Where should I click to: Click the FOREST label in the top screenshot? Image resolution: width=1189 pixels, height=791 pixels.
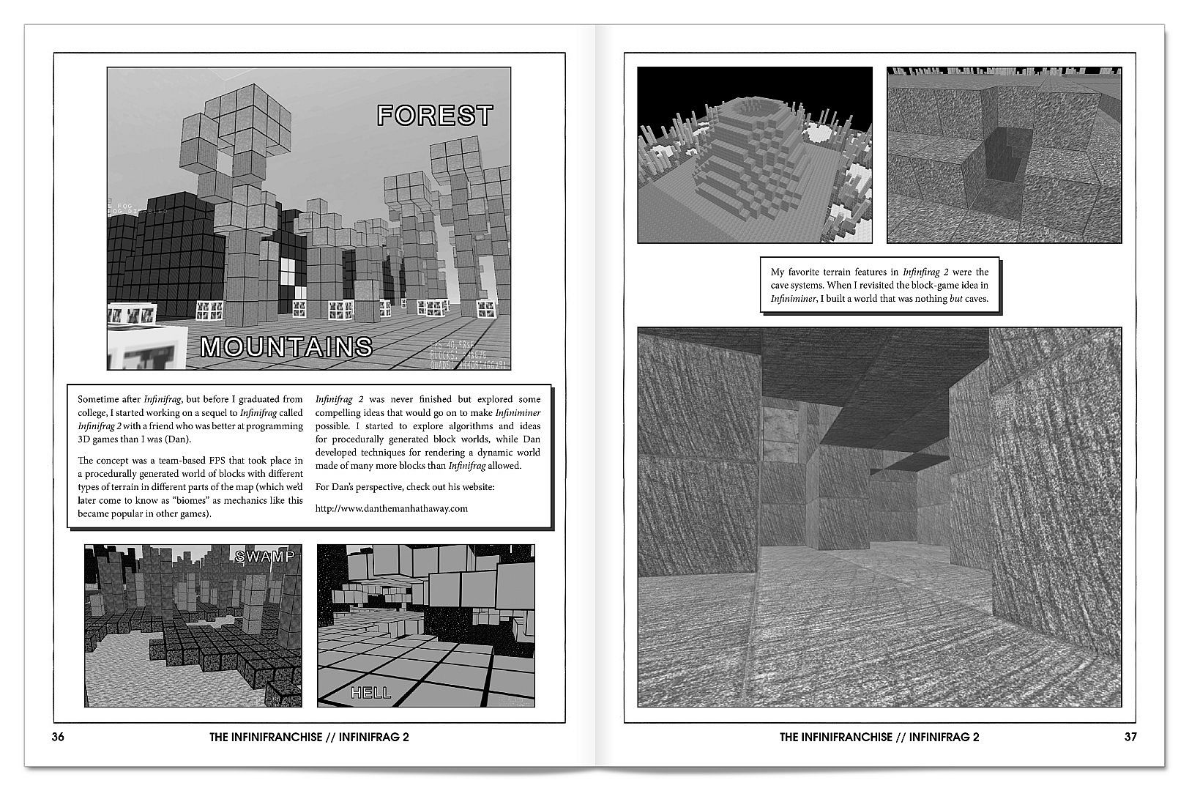tap(435, 116)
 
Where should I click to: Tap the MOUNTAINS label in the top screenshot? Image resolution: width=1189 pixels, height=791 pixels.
tap(286, 346)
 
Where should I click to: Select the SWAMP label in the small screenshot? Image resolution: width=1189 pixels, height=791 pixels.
tap(264, 557)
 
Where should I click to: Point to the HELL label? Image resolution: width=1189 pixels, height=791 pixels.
tap(370, 693)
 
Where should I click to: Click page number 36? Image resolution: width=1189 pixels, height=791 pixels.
tap(59, 738)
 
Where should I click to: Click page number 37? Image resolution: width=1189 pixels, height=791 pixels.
tap(1130, 738)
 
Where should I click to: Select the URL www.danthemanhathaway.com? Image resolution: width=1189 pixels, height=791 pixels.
tap(391, 508)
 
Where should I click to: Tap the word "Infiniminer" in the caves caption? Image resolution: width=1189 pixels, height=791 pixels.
tap(793, 299)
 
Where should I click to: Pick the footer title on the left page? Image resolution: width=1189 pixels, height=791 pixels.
tap(309, 738)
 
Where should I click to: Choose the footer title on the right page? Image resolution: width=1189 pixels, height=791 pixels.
tap(879, 738)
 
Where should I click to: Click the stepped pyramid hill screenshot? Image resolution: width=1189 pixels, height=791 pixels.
tap(754, 155)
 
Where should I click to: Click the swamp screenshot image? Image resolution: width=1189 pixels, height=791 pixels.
tap(193, 625)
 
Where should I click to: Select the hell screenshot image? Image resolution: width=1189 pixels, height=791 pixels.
tap(425, 625)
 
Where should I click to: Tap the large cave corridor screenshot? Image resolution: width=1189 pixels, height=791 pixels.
tap(879, 516)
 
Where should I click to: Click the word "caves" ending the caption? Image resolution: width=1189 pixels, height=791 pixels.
tap(976, 299)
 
